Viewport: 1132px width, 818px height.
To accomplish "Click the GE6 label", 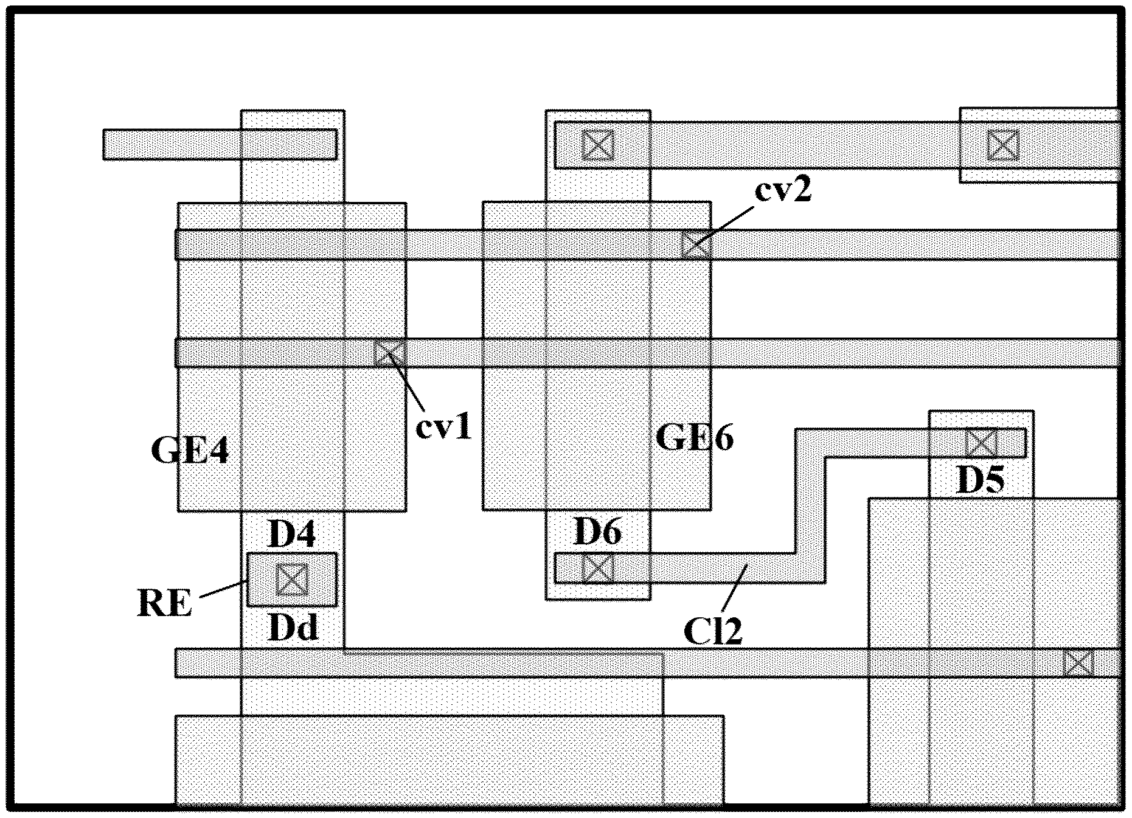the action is click(695, 437).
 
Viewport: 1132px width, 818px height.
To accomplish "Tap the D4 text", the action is click(292, 534).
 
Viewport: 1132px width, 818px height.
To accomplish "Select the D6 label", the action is click(597, 532).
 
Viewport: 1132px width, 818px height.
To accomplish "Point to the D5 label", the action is click(981, 480).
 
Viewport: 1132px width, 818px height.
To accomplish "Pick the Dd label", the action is click(293, 628).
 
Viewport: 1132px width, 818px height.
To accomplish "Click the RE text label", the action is click(165, 604).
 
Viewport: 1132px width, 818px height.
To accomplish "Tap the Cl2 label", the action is click(713, 632).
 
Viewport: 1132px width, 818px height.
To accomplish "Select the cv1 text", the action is click(443, 428).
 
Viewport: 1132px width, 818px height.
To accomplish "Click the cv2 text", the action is click(783, 191).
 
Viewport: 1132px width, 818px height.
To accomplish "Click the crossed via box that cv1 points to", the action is click(389, 353).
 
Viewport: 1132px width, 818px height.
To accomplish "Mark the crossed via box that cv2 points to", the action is click(696, 244).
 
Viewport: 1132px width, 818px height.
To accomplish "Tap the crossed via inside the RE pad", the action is click(293, 578).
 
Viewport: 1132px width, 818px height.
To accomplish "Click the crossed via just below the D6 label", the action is click(598, 569).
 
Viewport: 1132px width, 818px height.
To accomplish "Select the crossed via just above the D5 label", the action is click(981, 442).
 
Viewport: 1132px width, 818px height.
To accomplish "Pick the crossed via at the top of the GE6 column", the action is click(598, 145).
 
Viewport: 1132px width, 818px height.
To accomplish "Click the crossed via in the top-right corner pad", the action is click(1003, 145).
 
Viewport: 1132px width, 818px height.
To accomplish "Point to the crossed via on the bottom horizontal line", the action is click(1078, 662).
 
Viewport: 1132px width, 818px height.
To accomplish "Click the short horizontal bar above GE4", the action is click(220, 144).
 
